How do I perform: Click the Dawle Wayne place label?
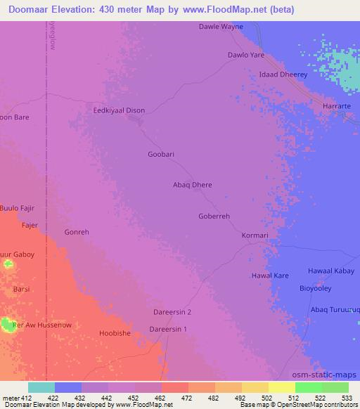[x=221, y=27]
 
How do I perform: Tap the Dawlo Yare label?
[x=246, y=54]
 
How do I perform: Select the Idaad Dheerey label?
[x=283, y=74]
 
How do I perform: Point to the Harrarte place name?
[x=336, y=105]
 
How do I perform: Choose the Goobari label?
[x=161, y=154]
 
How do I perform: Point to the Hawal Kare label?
[x=271, y=276]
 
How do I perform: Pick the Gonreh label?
[x=77, y=232]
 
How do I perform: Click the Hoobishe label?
[x=115, y=333]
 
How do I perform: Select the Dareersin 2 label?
[x=172, y=311]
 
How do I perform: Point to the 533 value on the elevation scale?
[x=347, y=397]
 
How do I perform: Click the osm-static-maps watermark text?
[x=326, y=374]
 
